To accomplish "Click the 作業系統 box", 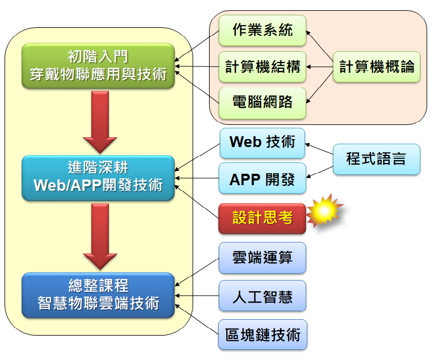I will [x=262, y=31].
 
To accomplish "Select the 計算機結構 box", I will [x=262, y=67].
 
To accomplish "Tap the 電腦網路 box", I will [x=262, y=103].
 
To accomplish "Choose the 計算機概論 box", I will [x=377, y=67].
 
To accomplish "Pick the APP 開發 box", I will [x=262, y=179].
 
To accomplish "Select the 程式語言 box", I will [x=376, y=158].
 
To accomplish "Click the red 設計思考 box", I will [x=262, y=217].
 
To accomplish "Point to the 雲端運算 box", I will [x=262, y=257].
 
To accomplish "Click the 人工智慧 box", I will [x=262, y=296].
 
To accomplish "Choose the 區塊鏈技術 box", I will [x=262, y=334].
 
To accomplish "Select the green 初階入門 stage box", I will [x=98, y=66].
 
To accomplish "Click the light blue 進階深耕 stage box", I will [x=98, y=178].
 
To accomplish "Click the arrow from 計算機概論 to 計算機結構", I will [x=320, y=67].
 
